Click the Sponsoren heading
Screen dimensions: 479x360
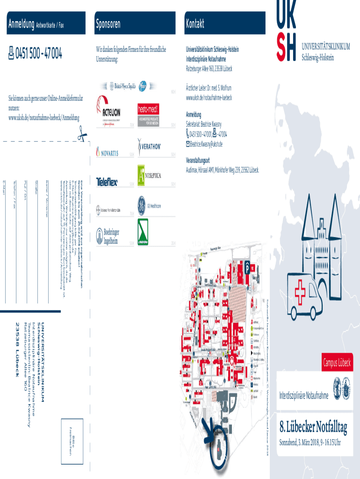(x=108, y=24)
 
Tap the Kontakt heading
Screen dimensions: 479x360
(x=195, y=24)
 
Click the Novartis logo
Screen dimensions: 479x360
(x=108, y=152)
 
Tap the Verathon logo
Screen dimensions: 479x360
(x=150, y=145)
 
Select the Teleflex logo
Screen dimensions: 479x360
(x=107, y=181)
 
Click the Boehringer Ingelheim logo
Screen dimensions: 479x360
(x=107, y=237)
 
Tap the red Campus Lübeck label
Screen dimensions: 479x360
(x=337, y=363)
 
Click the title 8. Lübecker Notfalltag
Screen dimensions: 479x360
(x=313, y=427)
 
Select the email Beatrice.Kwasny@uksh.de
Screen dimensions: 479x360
(x=206, y=144)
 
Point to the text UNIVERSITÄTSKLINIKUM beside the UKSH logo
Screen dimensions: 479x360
(x=326, y=46)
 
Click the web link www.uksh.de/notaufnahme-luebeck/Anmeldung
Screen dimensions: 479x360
(x=44, y=117)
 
